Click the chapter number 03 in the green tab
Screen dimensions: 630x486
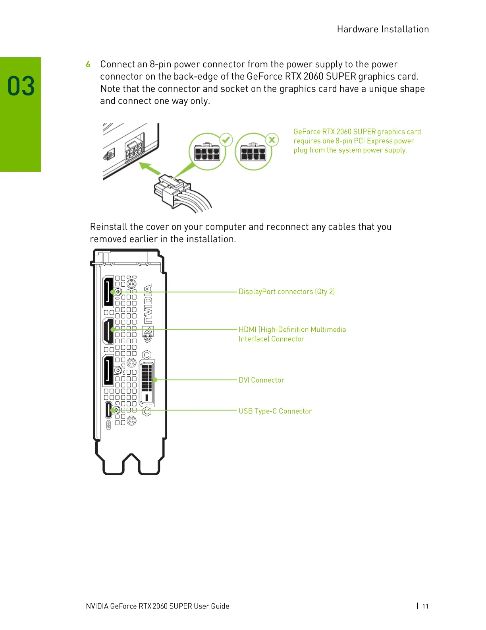[x=21, y=86]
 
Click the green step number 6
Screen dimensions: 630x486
[x=88, y=64]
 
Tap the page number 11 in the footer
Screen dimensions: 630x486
[x=425, y=606]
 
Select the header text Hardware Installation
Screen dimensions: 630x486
[x=383, y=29]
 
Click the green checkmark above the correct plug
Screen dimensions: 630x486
[x=226, y=140]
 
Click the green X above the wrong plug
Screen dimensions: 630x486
[x=272, y=140]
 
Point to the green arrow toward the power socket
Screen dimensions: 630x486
[x=150, y=168]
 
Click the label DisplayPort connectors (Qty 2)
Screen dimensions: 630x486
[x=287, y=292]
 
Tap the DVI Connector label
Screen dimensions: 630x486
[x=261, y=380]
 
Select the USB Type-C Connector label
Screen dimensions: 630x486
[x=275, y=411]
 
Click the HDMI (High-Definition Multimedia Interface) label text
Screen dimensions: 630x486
[x=292, y=334]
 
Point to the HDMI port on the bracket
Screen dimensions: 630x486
[x=108, y=331]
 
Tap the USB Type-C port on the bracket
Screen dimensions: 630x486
[x=108, y=410]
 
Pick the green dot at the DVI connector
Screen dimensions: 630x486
[x=155, y=380]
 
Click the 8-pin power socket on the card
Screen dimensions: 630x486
[x=134, y=152]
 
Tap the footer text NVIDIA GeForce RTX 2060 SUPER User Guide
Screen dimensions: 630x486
[x=157, y=606]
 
